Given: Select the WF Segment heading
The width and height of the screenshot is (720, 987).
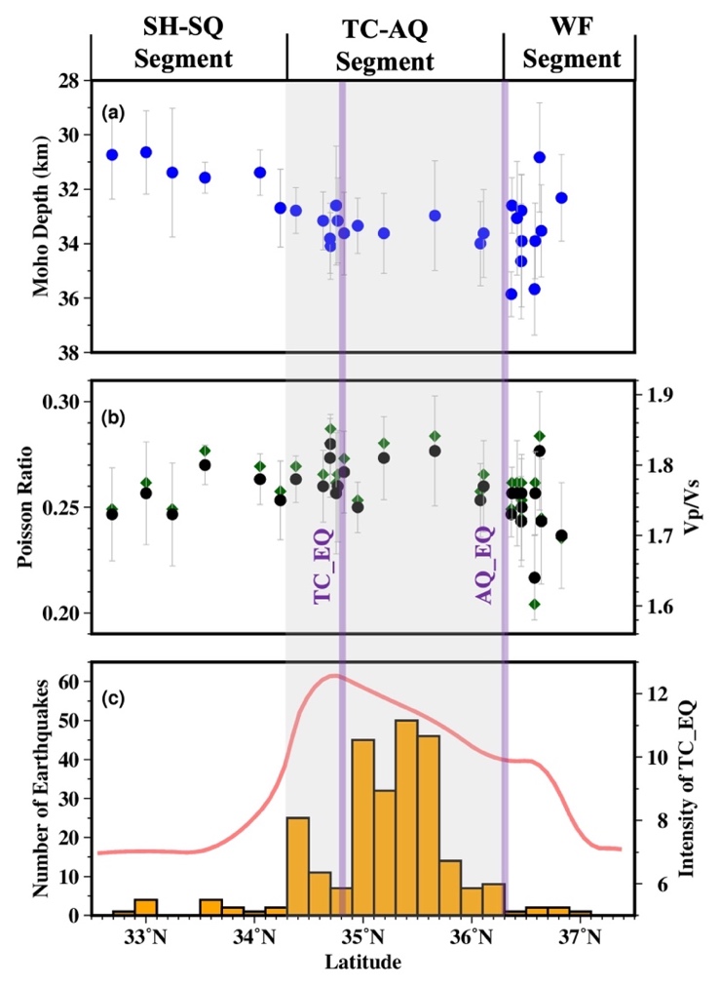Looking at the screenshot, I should (571, 45).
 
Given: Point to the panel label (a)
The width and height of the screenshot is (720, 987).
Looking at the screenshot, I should (116, 113).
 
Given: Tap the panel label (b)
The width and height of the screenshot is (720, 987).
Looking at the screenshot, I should (116, 418).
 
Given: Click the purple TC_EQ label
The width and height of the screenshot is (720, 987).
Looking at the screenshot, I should (324, 567).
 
